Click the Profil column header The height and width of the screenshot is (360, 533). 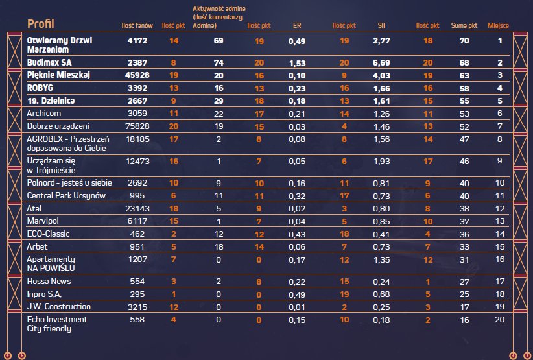click(40, 25)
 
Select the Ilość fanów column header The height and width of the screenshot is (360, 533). click(137, 26)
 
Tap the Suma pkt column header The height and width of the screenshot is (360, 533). click(464, 26)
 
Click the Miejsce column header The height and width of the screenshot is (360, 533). click(499, 26)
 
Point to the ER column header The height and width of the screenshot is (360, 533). click(298, 26)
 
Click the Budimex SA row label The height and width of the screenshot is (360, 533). click(49, 63)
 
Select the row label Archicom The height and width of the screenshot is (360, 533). click(44, 113)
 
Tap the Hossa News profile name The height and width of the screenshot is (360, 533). click(49, 282)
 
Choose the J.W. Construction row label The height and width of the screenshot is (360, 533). click(59, 307)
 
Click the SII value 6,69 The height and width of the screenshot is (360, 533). click(381, 63)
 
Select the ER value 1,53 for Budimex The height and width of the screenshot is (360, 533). click(297, 63)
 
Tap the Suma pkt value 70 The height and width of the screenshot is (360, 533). click(464, 41)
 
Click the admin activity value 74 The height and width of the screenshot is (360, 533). click(219, 63)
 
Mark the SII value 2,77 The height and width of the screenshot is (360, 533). click(381, 41)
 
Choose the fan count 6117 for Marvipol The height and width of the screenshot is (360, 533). click(139, 221)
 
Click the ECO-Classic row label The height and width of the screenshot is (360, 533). click(48, 234)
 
